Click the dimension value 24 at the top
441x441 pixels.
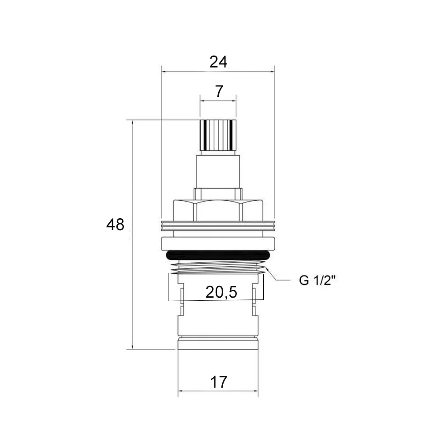[x=218, y=62]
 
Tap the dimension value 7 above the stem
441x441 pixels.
[x=219, y=91]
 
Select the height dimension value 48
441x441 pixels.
[x=115, y=225]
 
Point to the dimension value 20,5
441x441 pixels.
[x=221, y=292]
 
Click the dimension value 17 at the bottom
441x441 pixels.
[x=219, y=382]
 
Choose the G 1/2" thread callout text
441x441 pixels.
[x=318, y=280]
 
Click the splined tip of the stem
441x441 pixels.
[x=218, y=135]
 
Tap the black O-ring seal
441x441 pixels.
[x=218, y=255]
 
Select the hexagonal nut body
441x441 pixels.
[x=218, y=210]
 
